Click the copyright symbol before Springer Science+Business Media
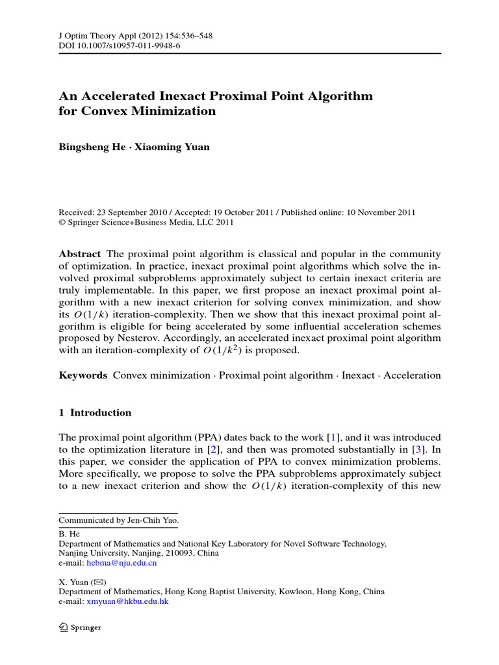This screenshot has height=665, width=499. [x=62, y=222]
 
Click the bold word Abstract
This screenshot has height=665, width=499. [x=79, y=254]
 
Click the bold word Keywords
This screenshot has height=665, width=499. [x=83, y=375]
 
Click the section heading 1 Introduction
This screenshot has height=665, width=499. [x=95, y=412]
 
